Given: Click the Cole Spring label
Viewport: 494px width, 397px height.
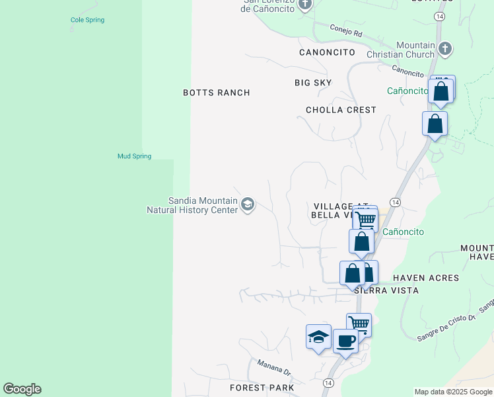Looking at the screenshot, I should (x=87, y=20).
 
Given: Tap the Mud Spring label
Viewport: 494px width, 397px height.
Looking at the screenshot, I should (x=134, y=156).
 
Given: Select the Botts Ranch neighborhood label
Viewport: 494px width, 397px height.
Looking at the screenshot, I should (x=216, y=93).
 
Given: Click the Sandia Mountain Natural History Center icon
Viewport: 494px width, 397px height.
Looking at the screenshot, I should (x=247, y=204).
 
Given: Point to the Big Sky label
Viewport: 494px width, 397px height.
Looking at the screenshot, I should (x=313, y=82).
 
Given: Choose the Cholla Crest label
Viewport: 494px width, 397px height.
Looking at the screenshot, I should (x=341, y=110).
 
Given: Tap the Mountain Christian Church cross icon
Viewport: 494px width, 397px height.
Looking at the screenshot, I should (x=445, y=48).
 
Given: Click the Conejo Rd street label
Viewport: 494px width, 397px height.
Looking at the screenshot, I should (x=347, y=30).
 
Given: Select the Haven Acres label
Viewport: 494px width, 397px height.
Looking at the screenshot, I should (x=425, y=278).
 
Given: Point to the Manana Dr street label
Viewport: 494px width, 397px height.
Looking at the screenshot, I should (x=274, y=370).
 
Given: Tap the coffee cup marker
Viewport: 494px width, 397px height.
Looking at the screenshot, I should (x=345, y=341).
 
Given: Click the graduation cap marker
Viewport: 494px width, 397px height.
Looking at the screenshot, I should (x=318, y=337).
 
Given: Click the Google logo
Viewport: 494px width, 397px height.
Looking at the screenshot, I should (x=22, y=389).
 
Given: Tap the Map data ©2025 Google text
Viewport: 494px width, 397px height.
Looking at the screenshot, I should (x=452, y=392).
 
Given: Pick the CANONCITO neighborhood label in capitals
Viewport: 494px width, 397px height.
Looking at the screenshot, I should (x=327, y=52).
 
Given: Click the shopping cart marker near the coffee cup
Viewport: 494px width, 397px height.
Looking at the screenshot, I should (x=359, y=324).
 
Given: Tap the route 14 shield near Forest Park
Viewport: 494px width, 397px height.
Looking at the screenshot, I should (x=329, y=382).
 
